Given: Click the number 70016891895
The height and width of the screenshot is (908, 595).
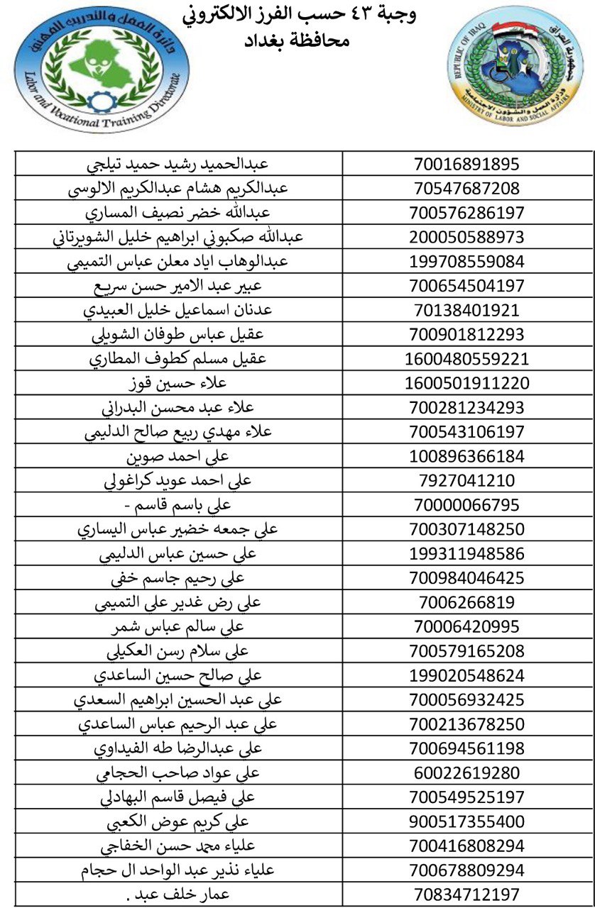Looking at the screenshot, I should [x=466, y=164].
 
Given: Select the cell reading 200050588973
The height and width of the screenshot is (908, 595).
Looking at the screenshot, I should [x=466, y=237].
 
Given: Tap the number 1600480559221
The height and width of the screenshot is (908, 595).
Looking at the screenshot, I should [x=466, y=359].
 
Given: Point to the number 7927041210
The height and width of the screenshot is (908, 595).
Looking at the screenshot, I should [x=466, y=481].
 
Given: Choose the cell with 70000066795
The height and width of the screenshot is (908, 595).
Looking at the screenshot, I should [x=466, y=505].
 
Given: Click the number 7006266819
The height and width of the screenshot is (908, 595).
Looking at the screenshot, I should [x=466, y=602].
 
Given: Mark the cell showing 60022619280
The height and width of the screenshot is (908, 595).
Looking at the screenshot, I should [x=466, y=773].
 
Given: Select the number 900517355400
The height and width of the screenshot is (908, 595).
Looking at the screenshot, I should [x=466, y=821].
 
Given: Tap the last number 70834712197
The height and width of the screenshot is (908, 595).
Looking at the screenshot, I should [x=466, y=895].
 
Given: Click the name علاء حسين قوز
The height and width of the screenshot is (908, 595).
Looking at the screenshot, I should [x=178, y=383].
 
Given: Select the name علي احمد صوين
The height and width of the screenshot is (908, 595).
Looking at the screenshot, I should [x=178, y=456].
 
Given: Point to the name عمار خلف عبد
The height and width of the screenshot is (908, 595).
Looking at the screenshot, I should [x=178, y=895].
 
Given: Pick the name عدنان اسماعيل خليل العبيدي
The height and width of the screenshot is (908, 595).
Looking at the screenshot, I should [x=178, y=310].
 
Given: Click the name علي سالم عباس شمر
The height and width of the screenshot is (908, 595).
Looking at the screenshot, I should [x=178, y=626].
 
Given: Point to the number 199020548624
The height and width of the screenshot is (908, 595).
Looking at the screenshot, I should [x=466, y=675].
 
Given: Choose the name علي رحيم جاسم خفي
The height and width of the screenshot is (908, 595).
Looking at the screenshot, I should [x=178, y=578].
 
